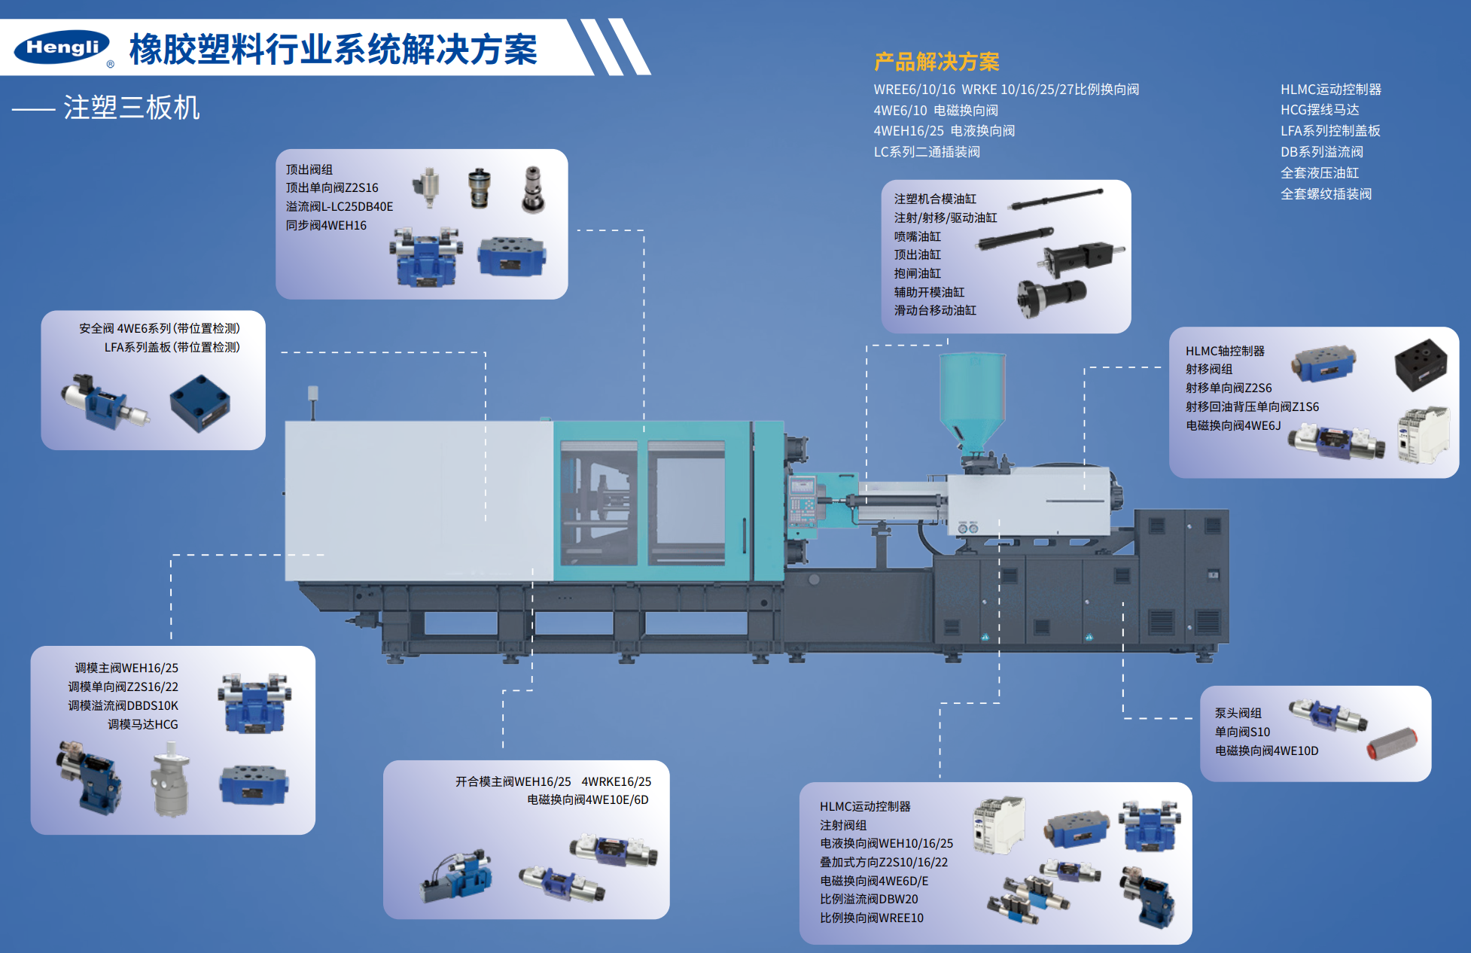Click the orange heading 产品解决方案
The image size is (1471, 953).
[937, 62]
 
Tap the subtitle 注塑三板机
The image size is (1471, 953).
[132, 108]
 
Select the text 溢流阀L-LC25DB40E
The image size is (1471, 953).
[339, 206]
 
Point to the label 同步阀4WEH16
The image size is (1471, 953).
[326, 225]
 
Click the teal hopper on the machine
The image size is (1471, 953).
[972, 403]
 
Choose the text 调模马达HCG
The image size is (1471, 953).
[143, 724]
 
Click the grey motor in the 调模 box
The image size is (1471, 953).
[171, 780]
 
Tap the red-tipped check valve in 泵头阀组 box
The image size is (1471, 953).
[1392, 743]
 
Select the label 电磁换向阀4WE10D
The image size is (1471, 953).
[1266, 751]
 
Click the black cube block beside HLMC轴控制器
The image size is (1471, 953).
[1421, 364]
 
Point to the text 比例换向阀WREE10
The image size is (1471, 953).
[871, 918]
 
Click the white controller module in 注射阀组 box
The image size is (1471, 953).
[999, 826]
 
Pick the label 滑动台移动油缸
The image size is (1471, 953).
[935, 310]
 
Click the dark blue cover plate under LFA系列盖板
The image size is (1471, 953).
[199, 403]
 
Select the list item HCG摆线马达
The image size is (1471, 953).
[1320, 110]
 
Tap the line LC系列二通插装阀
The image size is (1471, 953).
[927, 152]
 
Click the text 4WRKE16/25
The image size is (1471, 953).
[616, 781]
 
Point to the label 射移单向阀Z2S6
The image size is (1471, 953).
[1228, 388]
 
